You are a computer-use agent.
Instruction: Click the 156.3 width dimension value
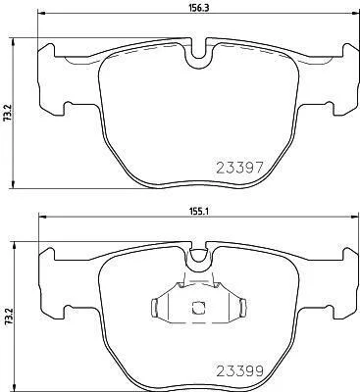tap(198, 8)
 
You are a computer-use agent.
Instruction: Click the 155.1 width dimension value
tap(198, 212)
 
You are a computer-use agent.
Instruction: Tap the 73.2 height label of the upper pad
tap(7, 113)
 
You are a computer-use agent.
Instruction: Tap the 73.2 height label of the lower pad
tap(7, 317)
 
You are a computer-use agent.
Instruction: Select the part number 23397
tap(240, 168)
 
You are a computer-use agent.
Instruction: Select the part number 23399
tap(240, 370)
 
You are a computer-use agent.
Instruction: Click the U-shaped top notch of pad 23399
tap(198, 256)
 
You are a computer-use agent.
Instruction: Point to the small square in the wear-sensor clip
tap(197, 308)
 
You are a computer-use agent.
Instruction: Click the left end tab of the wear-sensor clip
tap(156, 308)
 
